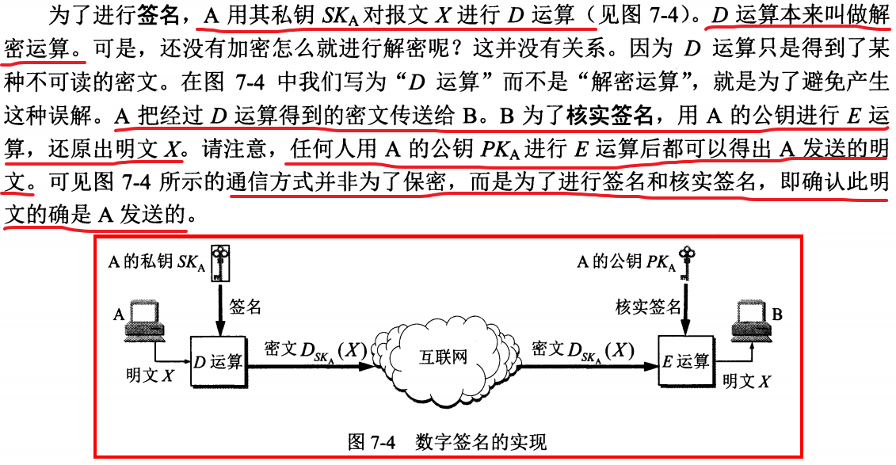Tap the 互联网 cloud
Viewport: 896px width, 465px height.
(x=443, y=356)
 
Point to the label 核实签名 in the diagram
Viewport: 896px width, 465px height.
(x=647, y=307)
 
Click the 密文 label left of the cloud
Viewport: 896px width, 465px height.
(x=281, y=349)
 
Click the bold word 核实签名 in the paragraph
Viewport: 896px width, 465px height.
(x=609, y=116)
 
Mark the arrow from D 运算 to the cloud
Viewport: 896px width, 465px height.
(x=317, y=367)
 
